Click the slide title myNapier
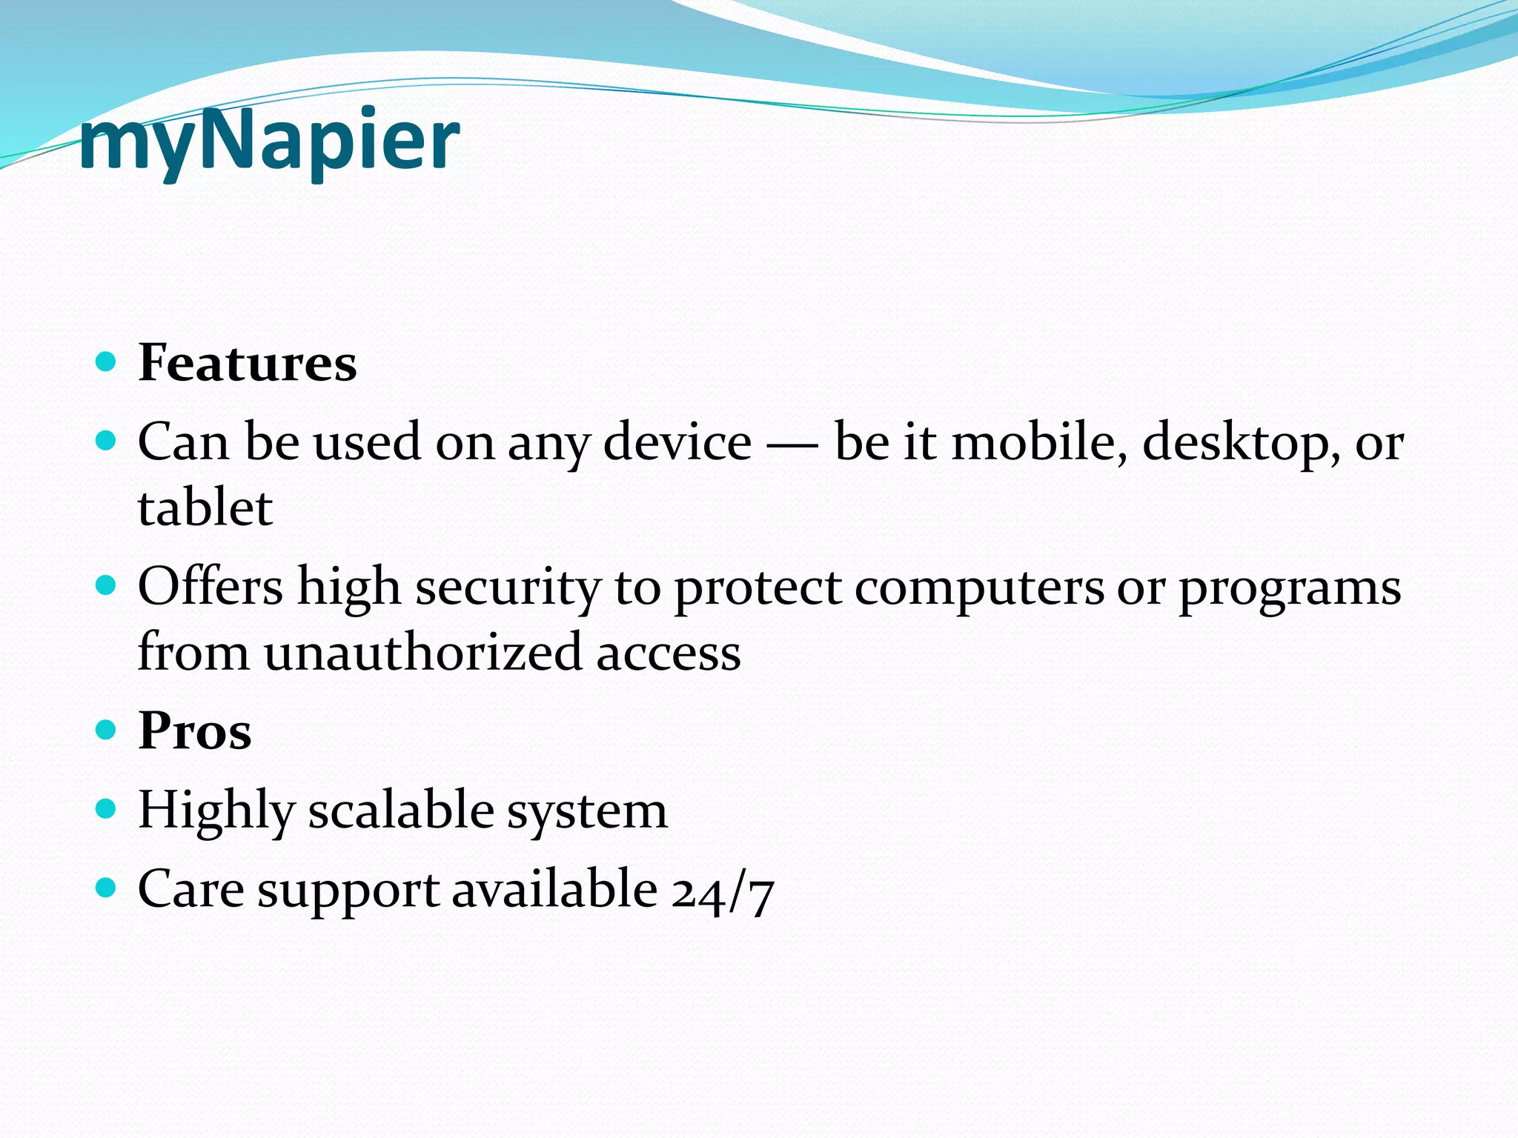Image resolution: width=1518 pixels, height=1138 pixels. click(268, 141)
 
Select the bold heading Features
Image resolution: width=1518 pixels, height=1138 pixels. click(247, 363)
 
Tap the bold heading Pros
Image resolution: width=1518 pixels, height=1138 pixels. click(194, 731)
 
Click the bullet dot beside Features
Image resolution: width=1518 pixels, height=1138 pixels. click(107, 362)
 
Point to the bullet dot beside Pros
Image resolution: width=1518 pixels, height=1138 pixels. click(107, 730)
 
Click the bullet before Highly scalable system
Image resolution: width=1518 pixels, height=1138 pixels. click(107, 808)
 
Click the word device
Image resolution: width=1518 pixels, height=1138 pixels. click(677, 442)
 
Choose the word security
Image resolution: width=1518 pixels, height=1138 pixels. click(508, 588)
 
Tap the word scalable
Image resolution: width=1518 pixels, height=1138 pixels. click(401, 810)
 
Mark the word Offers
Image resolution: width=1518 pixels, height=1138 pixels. click(211, 586)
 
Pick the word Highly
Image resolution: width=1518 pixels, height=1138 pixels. click(216, 811)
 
